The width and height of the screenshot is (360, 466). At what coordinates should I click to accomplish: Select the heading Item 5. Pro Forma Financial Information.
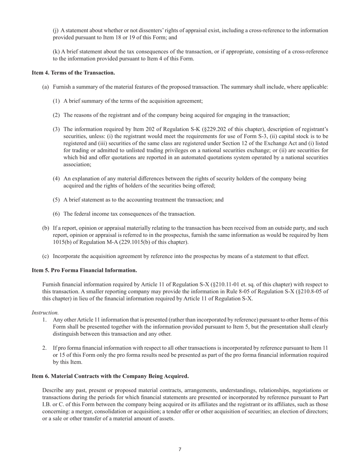[84, 270]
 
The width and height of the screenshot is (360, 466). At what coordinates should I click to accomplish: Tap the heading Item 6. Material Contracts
[110, 376]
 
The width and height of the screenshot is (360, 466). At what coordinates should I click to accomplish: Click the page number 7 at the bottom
[180, 449]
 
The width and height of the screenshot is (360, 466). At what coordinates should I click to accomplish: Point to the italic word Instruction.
[45, 313]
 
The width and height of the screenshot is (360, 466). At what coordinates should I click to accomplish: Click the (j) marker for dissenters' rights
[56, 30]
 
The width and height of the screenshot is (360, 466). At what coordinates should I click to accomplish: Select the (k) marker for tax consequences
[56, 52]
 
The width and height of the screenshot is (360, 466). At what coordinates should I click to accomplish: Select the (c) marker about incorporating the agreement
[45, 256]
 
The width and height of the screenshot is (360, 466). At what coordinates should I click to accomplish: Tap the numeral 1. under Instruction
[45, 320]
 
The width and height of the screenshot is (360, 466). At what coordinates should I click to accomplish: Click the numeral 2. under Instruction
[45, 348]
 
